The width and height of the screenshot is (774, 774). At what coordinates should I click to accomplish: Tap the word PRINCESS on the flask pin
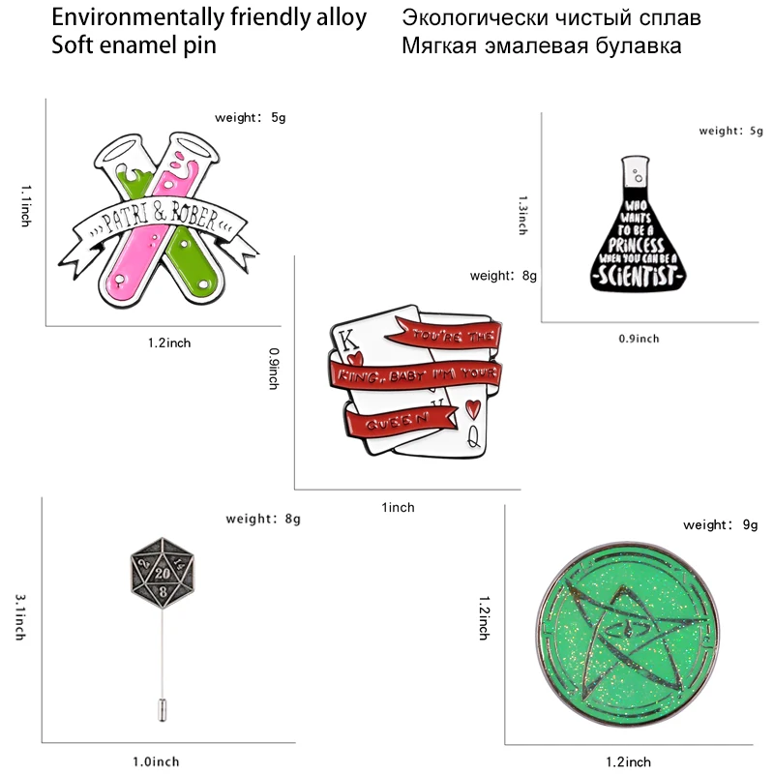pos(637,247)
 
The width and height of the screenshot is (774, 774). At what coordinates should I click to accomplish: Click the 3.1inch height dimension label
pos(18,617)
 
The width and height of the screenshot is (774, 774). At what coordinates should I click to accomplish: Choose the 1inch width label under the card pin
pos(398,507)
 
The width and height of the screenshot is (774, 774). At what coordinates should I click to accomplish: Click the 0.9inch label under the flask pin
pos(638,339)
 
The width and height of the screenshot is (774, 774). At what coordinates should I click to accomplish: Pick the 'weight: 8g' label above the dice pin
pos(263,520)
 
